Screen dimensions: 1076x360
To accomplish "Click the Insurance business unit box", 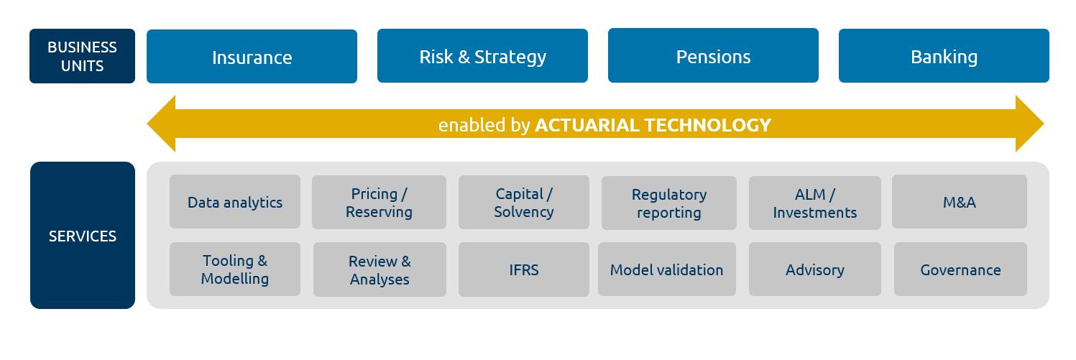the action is coord(252,56).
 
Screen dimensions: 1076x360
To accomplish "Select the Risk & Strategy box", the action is coord(482,55).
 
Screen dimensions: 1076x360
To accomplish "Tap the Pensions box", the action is coord(713,55).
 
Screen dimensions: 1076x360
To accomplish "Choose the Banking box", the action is coord(944,55).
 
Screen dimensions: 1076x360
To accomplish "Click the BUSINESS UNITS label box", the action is coord(82,56).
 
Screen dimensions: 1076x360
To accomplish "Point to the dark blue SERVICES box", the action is coord(83,235).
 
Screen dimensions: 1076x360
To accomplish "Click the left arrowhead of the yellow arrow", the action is coord(162,124).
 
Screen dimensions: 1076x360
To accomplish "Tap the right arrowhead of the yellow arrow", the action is coord(1029,124).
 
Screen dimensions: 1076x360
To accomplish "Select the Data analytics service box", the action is coord(235,202).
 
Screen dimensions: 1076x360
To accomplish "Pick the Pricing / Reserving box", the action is coord(379,202).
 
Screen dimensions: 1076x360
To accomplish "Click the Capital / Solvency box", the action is coord(523,202).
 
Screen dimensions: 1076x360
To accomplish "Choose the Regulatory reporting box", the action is coord(668,203).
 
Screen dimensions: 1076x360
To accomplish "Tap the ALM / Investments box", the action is coord(814,203).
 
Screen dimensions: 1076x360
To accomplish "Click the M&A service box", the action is coord(960,202).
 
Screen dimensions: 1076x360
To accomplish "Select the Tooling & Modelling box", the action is coord(235,269).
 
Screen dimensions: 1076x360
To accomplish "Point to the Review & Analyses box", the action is coord(380,269).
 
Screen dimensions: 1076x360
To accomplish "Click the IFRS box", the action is coord(523,269).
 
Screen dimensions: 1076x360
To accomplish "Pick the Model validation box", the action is coord(667,269).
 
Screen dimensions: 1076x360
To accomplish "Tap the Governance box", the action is coord(960,269).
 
